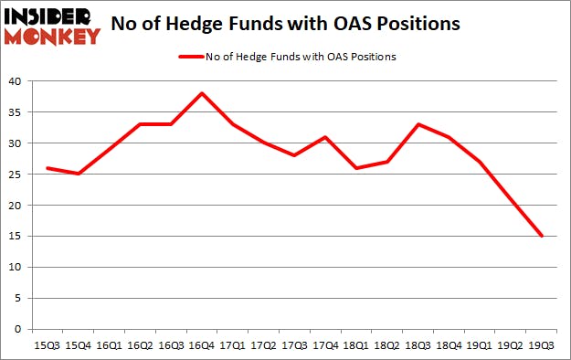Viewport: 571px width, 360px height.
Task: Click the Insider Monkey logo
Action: [52, 26]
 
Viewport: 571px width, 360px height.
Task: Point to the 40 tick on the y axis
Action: [17, 81]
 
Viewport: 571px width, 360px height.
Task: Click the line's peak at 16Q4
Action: [201, 93]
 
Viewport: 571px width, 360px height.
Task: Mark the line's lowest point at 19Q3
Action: [542, 236]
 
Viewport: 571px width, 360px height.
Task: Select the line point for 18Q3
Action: [418, 124]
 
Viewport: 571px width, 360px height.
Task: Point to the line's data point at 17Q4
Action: [324, 137]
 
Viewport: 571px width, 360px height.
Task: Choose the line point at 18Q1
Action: [355, 168]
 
